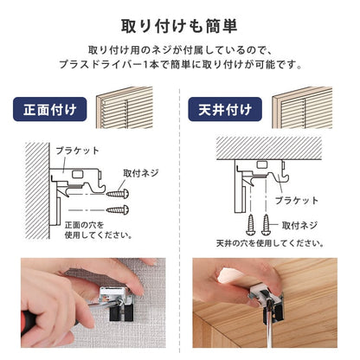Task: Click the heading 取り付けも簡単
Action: [x=179, y=27]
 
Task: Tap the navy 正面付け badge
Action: [x=50, y=109]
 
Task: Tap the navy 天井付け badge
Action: [x=225, y=109]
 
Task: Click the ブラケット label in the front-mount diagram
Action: [x=77, y=151]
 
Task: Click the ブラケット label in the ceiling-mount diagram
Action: [x=297, y=201]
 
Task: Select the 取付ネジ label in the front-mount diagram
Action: [x=141, y=173]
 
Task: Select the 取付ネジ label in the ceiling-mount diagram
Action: [x=299, y=225]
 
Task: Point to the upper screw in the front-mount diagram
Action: [x=118, y=194]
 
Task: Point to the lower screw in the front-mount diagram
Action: [x=118, y=209]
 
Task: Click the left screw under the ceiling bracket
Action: [x=250, y=224]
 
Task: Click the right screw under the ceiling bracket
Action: [x=266, y=224]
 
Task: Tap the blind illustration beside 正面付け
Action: [x=125, y=107]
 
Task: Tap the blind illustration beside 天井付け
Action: [x=302, y=107]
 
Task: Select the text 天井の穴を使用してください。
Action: [x=270, y=243]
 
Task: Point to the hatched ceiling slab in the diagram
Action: [x=269, y=148]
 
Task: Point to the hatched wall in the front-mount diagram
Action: [x=37, y=190]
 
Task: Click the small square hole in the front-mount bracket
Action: [x=78, y=174]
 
